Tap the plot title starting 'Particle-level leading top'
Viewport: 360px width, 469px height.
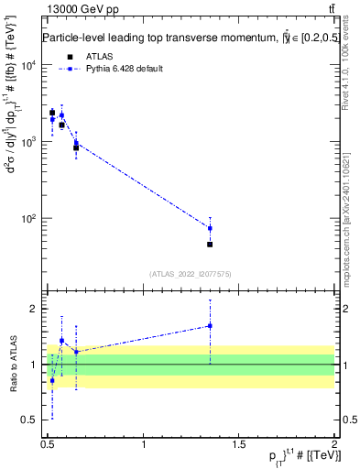[x=179, y=38]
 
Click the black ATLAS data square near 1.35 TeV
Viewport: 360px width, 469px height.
[x=210, y=245]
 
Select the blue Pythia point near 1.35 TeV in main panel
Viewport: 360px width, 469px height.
[x=210, y=228]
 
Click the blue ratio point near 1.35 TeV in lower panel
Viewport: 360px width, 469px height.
[x=210, y=325]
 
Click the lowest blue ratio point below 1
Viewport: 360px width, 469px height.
[x=52, y=380]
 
